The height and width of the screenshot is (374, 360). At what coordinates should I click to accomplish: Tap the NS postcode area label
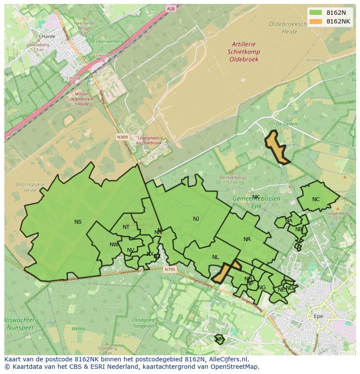pyautogui.click(x=78, y=222)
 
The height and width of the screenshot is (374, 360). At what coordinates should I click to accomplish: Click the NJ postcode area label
pyautogui.click(x=196, y=219)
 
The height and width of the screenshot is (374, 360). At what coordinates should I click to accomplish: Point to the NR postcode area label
pyautogui.click(x=247, y=239)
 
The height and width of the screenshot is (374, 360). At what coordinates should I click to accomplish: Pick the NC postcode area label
pyautogui.click(x=316, y=199)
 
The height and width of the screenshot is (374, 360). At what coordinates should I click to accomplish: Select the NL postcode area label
pyautogui.click(x=215, y=257)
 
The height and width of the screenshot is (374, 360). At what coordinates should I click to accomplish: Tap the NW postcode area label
pyautogui.click(x=114, y=245)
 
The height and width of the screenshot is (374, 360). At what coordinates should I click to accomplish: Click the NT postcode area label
pyautogui.click(x=126, y=227)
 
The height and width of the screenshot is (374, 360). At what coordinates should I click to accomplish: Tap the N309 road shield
pyautogui.click(x=122, y=137)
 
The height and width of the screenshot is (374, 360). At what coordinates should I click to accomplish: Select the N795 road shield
pyautogui.click(x=170, y=269)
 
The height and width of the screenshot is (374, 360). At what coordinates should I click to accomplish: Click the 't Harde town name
pyautogui.click(x=47, y=36)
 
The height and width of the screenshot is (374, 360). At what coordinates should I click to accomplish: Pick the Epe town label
pyautogui.click(x=318, y=316)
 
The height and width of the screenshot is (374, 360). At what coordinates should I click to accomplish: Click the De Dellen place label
pyautogui.click(x=286, y=124)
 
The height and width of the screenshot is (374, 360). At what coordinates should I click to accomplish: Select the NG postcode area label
pyautogui.click(x=261, y=288)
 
